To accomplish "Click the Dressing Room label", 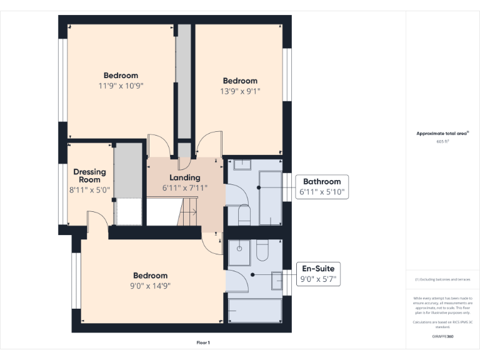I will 89,176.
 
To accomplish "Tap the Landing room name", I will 184,178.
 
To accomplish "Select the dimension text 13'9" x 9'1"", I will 241,91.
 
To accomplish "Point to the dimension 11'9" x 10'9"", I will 121,86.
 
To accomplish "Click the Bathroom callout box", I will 322,186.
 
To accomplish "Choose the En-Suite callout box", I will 319,274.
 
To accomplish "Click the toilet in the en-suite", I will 262,251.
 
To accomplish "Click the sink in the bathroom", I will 242,164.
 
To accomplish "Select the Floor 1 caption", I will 203,342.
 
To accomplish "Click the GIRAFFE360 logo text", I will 442,336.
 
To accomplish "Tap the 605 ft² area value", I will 443,141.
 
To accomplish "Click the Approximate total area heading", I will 441,134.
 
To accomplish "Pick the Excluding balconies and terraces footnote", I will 442,279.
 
